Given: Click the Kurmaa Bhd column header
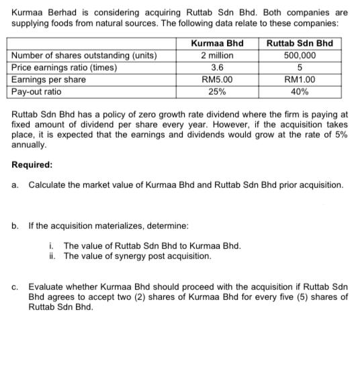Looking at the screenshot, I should pyautogui.click(x=217, y=44).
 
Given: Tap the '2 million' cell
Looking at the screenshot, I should pyautogui.click(x=217, y=56).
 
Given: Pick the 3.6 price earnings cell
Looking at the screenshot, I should pyautogui.click(x=217, y=68).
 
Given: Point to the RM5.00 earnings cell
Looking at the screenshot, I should pyautogui.click(x=217, y=80).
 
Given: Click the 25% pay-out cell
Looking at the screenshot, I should pyautogui.click(x=217, y=91).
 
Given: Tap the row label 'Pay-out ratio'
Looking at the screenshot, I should pyautogui.click(x=37, y=91).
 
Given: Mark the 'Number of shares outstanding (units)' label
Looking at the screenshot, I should pyautogui.click(x=84, y=56).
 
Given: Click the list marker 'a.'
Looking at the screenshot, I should pyautogui.click(x=15, y=184).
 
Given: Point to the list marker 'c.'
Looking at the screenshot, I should pyautogui.click(x=15, y=285).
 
